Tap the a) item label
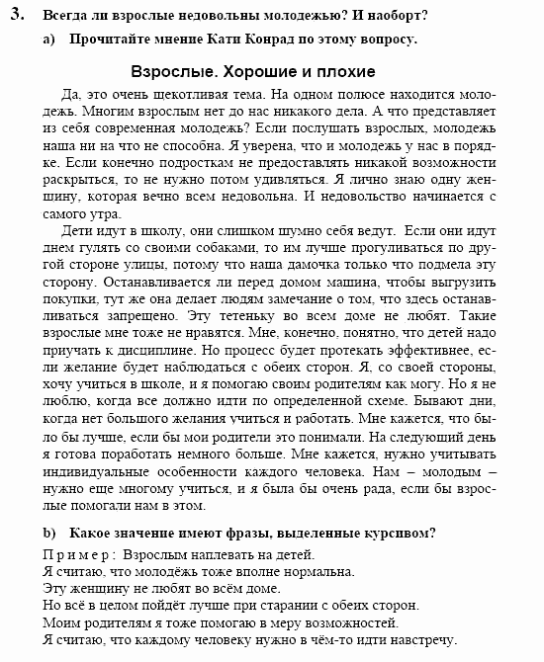click(x=49, y=41)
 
